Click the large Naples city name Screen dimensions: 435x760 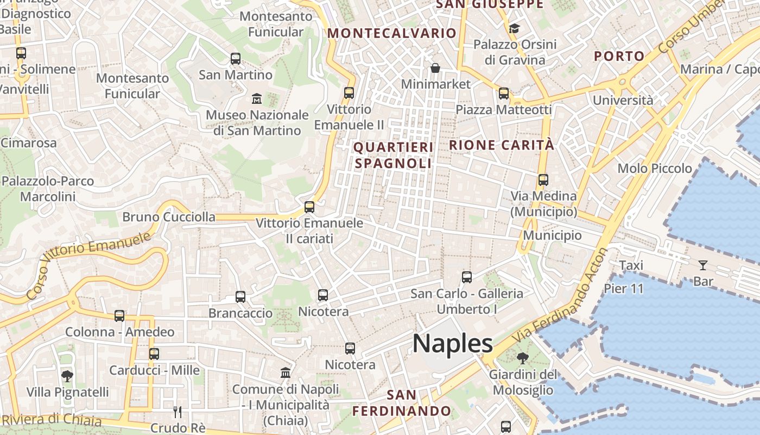[453, 344]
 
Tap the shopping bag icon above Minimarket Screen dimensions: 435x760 [435, 68]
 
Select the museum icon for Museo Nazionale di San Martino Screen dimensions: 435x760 [257, 99]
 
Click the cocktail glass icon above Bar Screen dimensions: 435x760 [703, 265]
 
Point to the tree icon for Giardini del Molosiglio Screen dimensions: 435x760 [523, 358]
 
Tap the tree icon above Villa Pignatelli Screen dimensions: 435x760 [67, 376]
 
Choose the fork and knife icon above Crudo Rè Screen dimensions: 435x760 [177, 412]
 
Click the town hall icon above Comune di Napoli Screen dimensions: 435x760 [286, 372]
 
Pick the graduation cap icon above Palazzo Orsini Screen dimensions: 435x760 [514, 28]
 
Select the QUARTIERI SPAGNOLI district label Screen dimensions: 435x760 [394, 155]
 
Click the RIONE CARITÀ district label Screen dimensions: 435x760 [502, 145]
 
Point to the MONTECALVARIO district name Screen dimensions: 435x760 [391, 33]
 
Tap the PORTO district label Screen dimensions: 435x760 [619, 56]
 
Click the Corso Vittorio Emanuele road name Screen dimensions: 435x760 [88, 265]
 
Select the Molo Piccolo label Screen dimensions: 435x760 [655, 169]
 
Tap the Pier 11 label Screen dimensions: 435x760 [624, 288]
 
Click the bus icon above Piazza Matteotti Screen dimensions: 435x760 [504, 94]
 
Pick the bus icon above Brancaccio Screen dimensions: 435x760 [240, 297]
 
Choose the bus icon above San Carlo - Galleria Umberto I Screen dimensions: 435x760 [467, 277]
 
